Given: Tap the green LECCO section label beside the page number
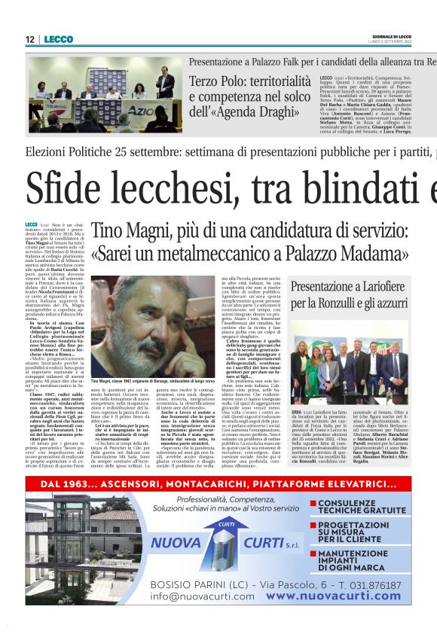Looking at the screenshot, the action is (58, 38).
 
